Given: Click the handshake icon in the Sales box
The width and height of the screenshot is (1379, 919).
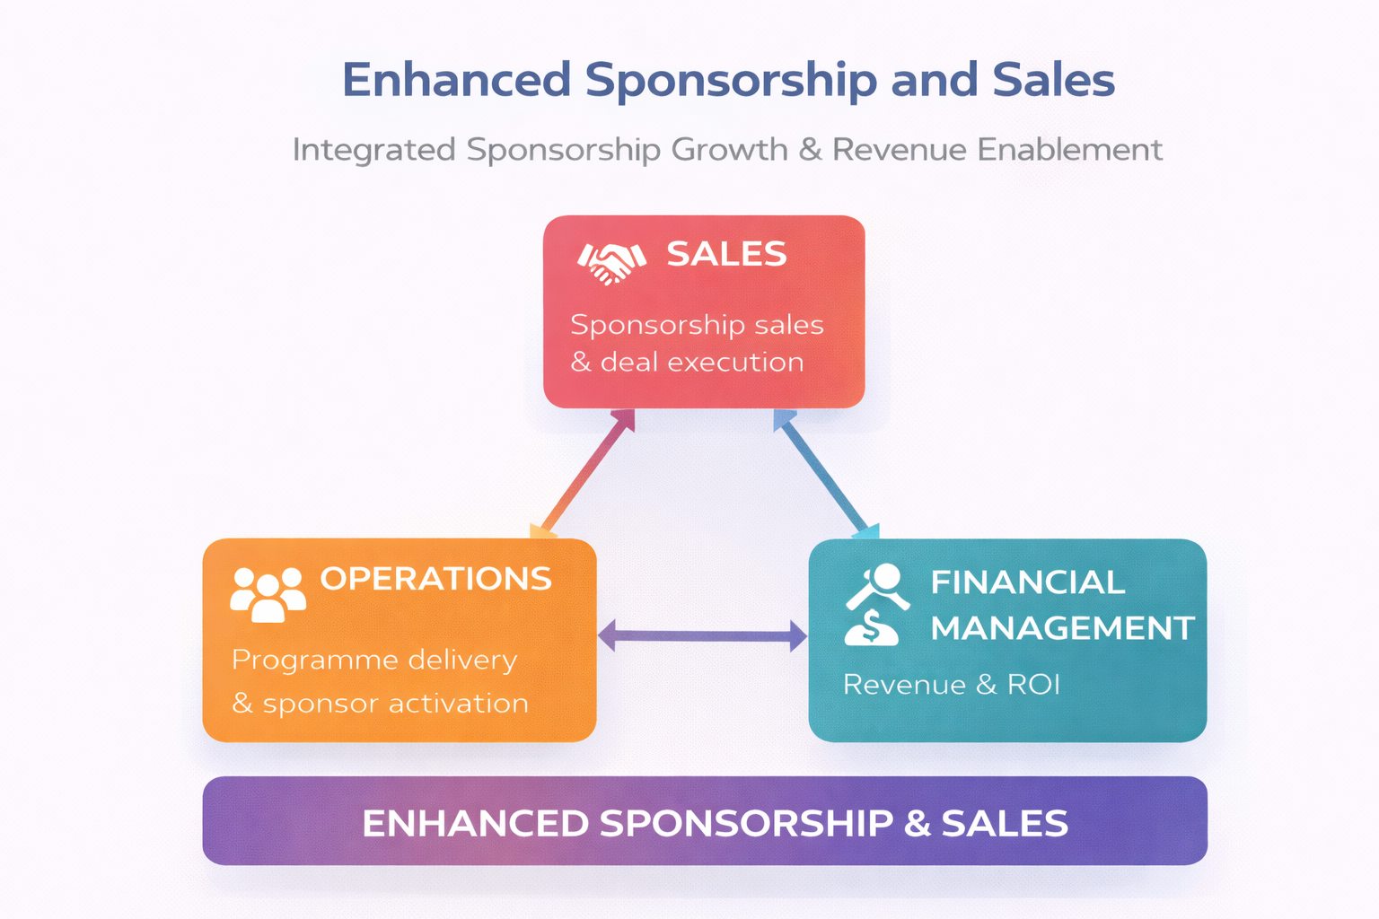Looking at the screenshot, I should click(611, 262).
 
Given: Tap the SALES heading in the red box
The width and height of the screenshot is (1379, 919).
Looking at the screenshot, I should click(726, 255).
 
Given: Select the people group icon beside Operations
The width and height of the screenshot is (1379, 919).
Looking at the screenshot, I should click(268, 593).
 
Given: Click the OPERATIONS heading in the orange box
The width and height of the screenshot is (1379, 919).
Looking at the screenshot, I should click(435, 579).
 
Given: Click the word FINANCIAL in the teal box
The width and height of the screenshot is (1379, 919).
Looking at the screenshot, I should click(1027, 582).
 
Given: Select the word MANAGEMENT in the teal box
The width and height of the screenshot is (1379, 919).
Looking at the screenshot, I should click(1062, 628).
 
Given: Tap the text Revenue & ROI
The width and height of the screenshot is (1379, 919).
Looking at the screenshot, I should click(952, 685).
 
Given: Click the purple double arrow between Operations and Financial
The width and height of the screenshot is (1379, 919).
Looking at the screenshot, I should click(702, 635).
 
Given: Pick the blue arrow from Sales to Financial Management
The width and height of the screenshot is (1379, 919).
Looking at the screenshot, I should click(824, 473).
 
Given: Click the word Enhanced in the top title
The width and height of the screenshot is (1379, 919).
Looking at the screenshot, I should click(456, 80).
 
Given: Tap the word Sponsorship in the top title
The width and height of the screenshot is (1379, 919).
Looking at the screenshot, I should click(731, 82).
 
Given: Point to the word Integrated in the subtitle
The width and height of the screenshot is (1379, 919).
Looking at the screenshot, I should click(373, 150).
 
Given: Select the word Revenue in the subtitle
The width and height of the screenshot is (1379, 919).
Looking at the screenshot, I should click(900, 149).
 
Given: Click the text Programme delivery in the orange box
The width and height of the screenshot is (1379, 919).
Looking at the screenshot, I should click(374, 661).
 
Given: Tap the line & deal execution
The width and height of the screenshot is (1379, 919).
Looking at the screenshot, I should click(687, 363).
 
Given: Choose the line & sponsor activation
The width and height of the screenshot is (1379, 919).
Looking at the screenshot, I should click(380, 704).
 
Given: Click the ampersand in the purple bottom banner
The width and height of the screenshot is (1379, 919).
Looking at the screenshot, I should click(917, 824).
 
